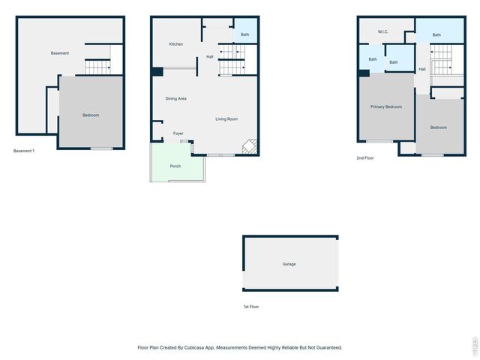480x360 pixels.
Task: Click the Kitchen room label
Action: (x=175, y=44)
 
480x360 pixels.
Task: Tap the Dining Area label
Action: (x=175, y=99)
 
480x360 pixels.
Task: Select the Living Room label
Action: (x=226, y=119)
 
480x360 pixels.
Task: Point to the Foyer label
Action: (x=178, y=133)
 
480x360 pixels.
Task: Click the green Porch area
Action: (x=175, y=166)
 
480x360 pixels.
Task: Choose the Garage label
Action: (x=289, y=264)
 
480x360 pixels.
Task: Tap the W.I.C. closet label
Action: (x=382, y=31)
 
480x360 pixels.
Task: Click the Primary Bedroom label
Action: (x=386, y=106)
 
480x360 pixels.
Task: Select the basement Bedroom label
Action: (x=91, y=115)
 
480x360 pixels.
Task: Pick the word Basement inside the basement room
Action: (x=60, y=53)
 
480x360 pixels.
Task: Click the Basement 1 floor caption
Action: (x=24, y=151)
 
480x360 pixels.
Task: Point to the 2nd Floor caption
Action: (x=365, y=158)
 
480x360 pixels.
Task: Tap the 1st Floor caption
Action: (x=251, y=307)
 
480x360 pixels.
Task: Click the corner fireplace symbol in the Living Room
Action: (x=250, y=147)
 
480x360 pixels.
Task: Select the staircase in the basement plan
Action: (x=97, y=67)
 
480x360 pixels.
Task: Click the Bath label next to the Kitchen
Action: (x=245, y=34)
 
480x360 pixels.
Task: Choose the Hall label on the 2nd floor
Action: (x=422, y=69)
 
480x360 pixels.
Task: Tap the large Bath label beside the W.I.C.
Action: (x=436, y=34)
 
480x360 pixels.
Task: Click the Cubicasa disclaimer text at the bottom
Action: (x=240, y=347)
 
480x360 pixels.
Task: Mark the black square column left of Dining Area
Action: (x=157, y=72)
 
